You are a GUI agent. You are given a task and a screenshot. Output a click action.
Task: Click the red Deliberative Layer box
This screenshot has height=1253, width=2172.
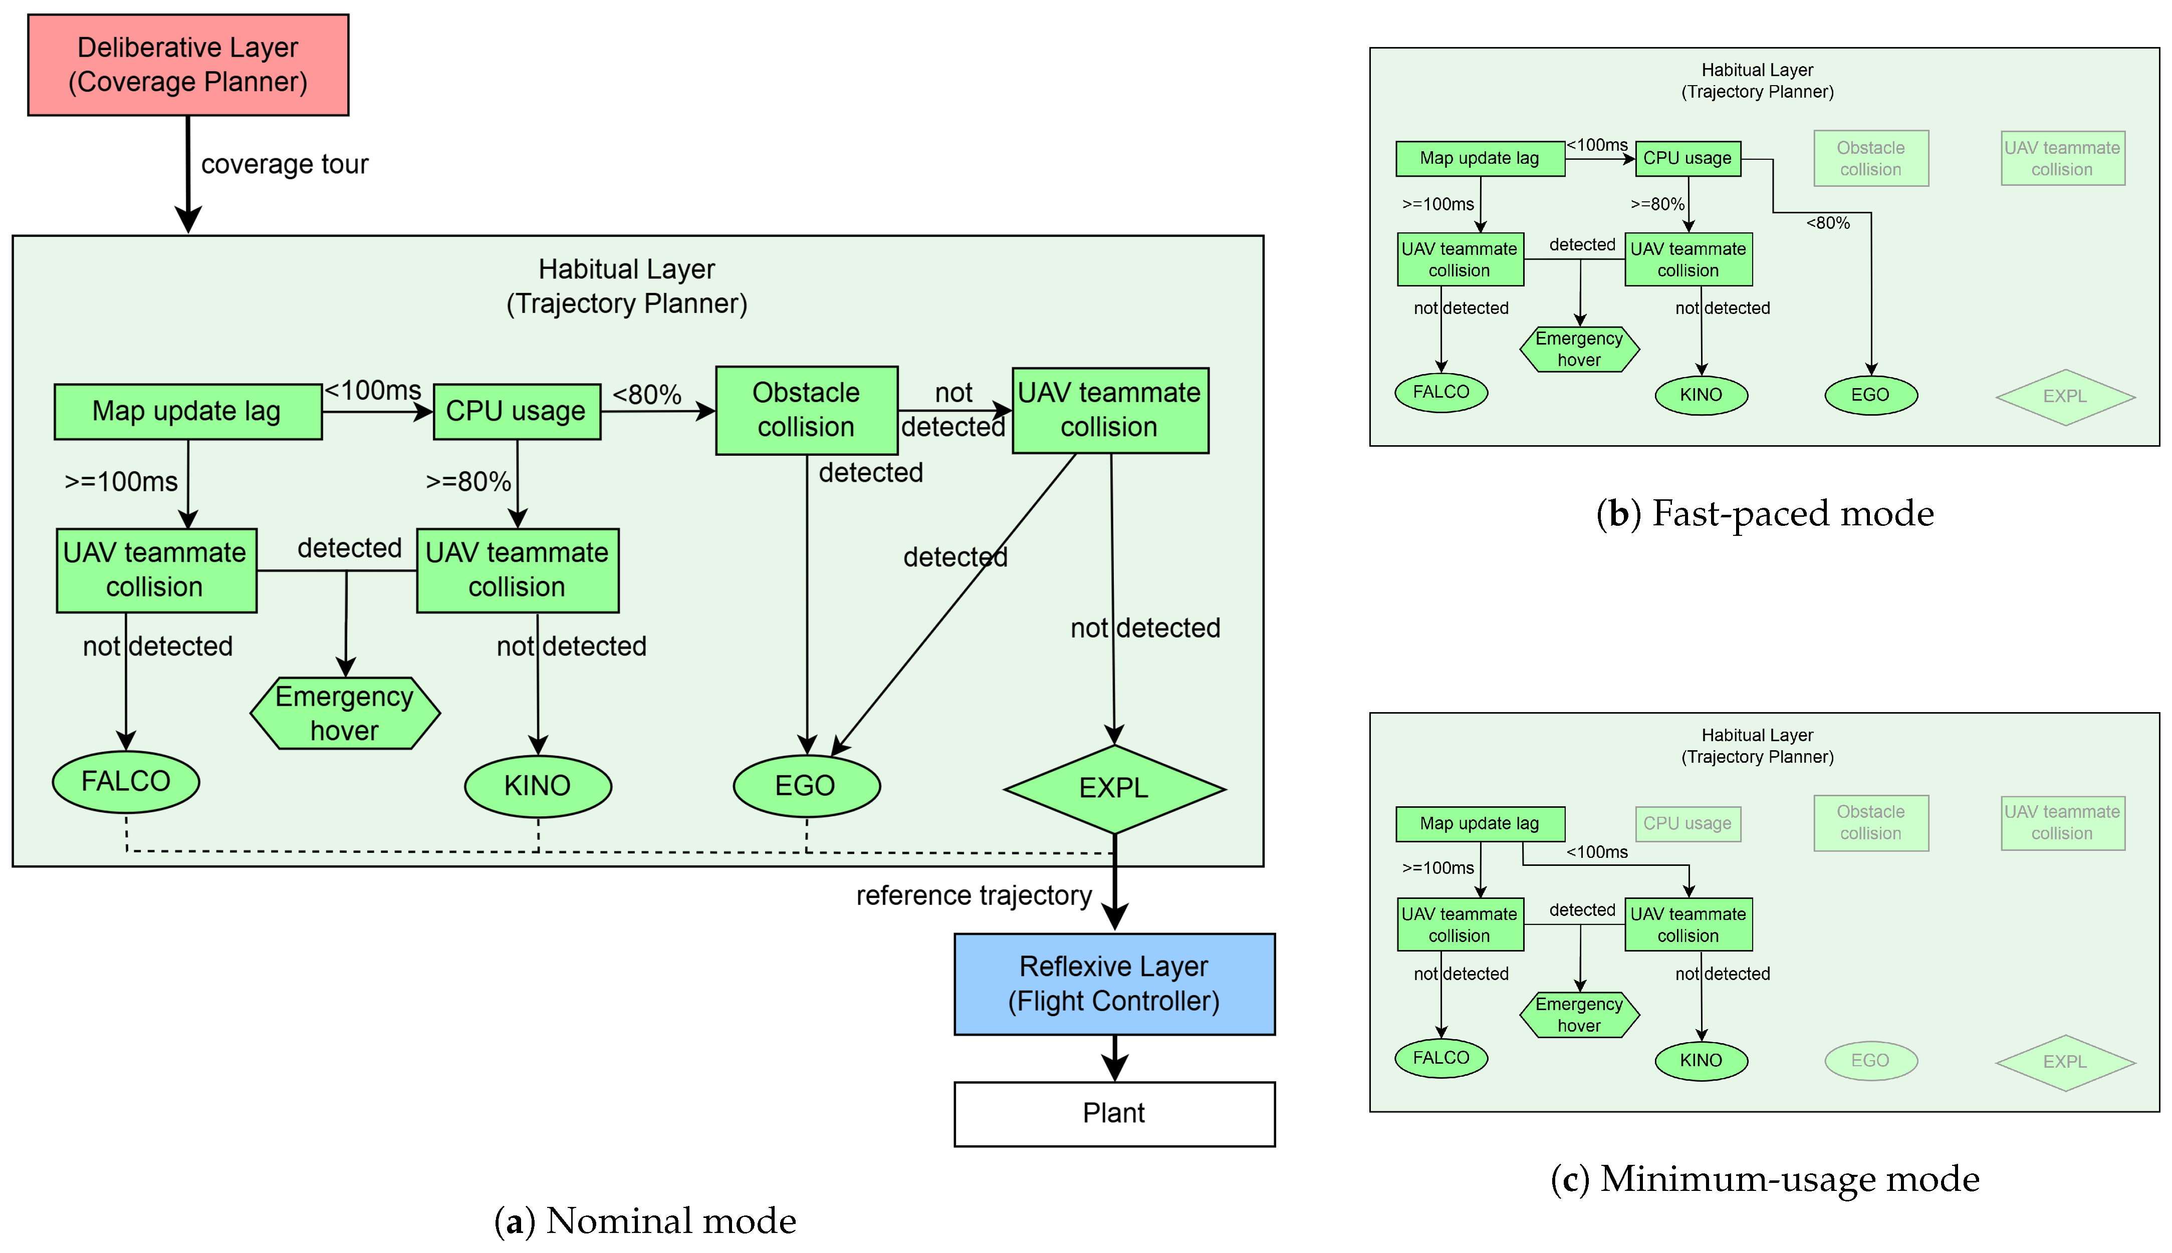[188, 65]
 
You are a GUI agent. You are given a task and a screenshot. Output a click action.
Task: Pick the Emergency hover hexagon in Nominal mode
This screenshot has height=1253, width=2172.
[345, 714]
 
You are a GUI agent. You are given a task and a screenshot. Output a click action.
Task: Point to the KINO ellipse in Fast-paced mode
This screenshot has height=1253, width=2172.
[1701, 395]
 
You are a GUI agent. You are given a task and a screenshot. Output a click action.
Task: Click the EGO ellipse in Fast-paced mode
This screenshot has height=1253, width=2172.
[1871, 395]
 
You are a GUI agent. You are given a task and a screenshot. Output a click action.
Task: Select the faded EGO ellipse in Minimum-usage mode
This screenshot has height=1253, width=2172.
[1871, 1060]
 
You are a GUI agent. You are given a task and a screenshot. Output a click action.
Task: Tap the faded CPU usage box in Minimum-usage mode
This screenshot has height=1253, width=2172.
[1687, 824]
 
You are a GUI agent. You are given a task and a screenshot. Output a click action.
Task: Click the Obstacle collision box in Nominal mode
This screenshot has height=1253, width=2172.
[807, 411]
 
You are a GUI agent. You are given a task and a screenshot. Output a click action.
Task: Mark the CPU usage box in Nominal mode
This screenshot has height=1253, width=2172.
[517, 411]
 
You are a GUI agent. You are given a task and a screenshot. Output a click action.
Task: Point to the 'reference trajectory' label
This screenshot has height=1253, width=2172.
[974, 896]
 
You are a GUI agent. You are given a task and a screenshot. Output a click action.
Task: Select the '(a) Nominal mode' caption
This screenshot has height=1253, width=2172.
[645, 1221]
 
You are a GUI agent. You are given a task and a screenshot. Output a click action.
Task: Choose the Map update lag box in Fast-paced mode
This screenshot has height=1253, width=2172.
[1480, 158]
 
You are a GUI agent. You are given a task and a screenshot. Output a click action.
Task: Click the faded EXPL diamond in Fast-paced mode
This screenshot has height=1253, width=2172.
[2065, 397]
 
